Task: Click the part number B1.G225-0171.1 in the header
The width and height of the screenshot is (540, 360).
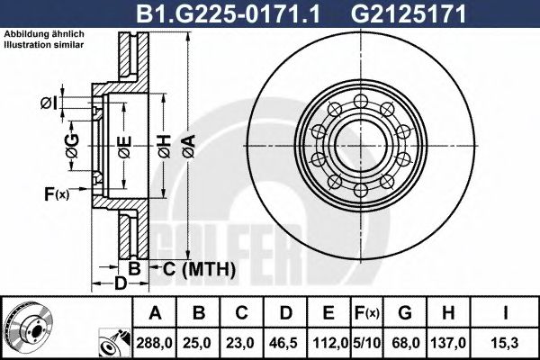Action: tap(229, 13)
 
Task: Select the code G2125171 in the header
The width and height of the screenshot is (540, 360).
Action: tap(408, 13)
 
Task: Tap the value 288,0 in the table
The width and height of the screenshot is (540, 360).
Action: tap(154, 343)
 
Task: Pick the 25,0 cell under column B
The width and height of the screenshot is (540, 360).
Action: tap(198, 343)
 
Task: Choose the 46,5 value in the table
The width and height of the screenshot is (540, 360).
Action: tap(285, 343)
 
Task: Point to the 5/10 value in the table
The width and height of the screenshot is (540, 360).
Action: tap(367, 343)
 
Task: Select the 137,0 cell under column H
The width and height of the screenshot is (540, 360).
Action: tap(448, 343)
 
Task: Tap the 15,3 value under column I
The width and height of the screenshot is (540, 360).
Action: tap(505, 343)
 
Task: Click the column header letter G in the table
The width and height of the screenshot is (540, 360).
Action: tap(405, 313)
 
